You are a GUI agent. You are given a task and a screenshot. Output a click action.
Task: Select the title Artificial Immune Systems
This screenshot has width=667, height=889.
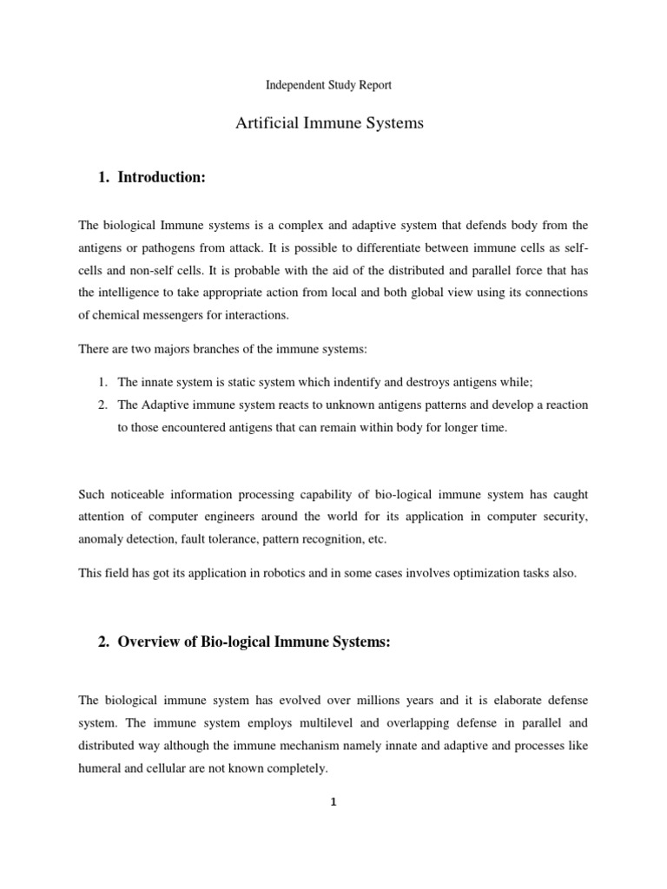[x=329, y=123]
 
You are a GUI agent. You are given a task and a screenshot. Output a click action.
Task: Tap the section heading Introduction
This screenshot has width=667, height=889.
[x=162, y=177]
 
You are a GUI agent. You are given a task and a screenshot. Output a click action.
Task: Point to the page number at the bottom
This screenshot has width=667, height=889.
[x=333, y=802]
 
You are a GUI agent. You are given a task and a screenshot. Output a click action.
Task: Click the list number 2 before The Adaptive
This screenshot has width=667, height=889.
[x=101, y=405]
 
